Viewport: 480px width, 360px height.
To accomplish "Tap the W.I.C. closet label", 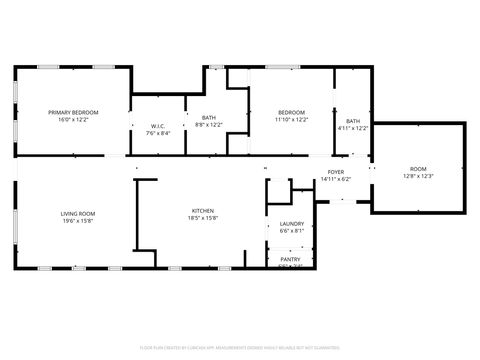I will pos(158,126).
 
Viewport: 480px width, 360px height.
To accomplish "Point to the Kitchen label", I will pos(203,211).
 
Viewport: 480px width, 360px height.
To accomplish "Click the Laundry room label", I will pos(292,224).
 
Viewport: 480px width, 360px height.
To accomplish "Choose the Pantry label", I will pos(291,259).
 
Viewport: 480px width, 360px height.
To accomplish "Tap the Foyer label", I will pos(335,172).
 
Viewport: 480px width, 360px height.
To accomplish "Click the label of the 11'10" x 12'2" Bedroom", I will pos(291,112).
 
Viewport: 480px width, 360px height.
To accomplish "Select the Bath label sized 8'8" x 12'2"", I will pos(208,118).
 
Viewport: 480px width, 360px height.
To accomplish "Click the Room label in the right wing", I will pos(417,169).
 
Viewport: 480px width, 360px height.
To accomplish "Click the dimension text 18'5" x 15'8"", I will pos(203,218).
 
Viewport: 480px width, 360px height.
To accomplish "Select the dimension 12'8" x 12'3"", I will pos(417,176).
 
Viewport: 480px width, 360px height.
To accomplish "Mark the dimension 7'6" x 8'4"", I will pos(158,133).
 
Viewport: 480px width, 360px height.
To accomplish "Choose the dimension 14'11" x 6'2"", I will pos(335,179).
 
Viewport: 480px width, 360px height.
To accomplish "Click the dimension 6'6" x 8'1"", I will pos(292,231).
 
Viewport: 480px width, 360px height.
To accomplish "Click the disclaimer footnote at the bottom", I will pos(240,348).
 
